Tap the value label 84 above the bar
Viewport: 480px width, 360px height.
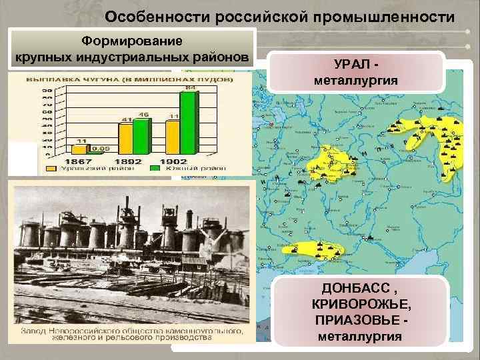pyautogui.click(x=191, y=87)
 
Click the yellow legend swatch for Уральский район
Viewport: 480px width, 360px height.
pyautogui.click(x=50, y=169)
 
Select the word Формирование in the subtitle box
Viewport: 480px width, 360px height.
pyautogui.click(x=132, y=41)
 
